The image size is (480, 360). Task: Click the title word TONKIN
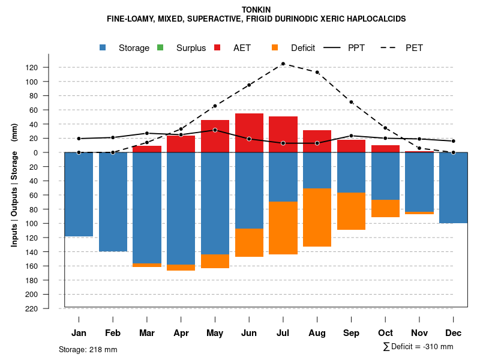tap(256, 10)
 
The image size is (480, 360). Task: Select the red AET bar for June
tap(249, 133)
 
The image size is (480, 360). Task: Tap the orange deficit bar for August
tap(317, 217)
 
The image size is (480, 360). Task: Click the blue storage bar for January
tap(79, 194)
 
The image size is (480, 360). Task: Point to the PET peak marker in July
tap(283, 64)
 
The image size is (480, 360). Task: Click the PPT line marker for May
tap(215, 130)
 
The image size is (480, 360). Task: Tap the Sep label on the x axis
tap(351, 333)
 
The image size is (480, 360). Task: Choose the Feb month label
tap(113, 333)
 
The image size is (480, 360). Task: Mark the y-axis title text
tap(14, 185)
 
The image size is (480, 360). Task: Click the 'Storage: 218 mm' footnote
tap(88, 349)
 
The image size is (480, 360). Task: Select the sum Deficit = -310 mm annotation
tap(418, 347)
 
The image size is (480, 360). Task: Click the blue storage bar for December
tap(453, 188)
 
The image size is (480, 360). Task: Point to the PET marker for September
tap(351, 102)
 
